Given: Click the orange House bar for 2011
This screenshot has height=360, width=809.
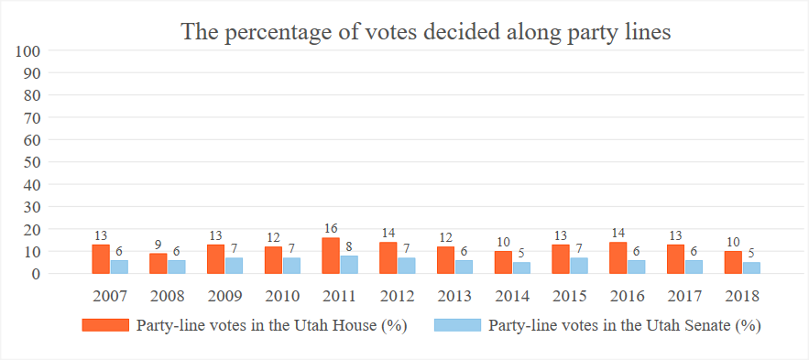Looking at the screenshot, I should point(331,256).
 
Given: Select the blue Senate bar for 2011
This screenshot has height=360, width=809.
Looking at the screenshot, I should point(348,265).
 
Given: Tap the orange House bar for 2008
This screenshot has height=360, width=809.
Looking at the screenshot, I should point(158,264).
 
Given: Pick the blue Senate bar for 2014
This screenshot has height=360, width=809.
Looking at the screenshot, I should point(521,267).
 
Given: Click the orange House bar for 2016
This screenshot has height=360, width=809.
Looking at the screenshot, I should point(618,257).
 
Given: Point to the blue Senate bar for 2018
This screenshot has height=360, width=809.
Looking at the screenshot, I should point(751,267).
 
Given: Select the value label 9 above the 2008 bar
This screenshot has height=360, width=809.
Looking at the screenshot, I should point(158,245).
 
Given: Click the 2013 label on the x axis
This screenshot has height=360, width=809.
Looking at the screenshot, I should point(454,295).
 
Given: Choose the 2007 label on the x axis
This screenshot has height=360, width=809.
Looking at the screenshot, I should point(110,295).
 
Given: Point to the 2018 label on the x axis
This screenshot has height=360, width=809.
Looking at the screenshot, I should point(742,295).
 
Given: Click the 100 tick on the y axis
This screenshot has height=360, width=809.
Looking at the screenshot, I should point(30,51).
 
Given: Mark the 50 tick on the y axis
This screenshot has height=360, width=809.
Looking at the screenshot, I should point(34,162).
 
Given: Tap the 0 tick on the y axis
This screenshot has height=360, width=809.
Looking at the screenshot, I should point(38,273).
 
